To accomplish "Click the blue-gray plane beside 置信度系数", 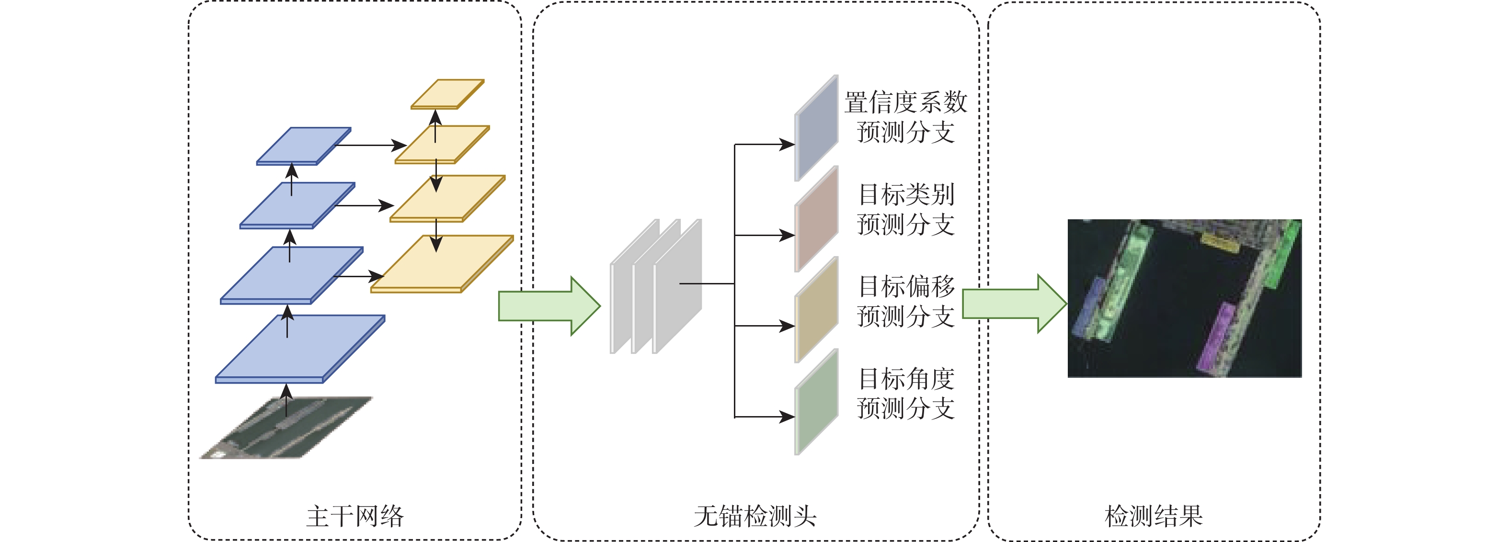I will pos(816,127).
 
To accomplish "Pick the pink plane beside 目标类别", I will pos(816,219).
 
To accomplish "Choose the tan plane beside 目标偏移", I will pos(816,310).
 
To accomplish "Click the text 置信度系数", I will pos(905,102).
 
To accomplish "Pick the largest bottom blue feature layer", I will pos(300,348).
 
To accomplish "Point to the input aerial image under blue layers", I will pos(287,427).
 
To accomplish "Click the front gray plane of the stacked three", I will pos(677,287).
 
